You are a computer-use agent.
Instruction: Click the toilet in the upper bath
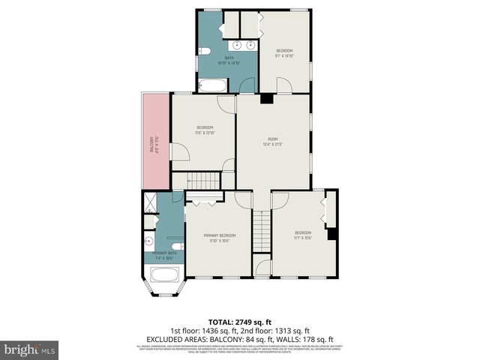204,52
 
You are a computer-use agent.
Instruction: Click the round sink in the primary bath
148,241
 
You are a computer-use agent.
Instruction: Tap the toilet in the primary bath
175,245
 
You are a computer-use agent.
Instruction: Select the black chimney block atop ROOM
265,97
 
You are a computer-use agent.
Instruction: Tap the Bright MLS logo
30,349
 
